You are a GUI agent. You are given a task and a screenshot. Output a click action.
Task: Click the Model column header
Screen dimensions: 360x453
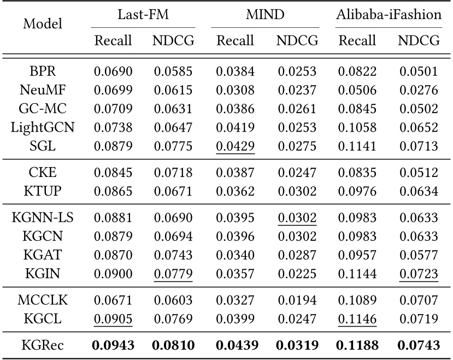(43, 24)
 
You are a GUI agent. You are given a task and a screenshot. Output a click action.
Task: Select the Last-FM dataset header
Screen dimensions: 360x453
(143, 15)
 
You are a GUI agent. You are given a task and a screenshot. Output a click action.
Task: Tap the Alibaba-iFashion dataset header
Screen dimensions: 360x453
(389, 15)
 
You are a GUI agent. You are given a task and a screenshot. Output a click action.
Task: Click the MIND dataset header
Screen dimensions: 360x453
(265, 15)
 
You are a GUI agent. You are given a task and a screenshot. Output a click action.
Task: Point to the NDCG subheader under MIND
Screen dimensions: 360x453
(297, 40)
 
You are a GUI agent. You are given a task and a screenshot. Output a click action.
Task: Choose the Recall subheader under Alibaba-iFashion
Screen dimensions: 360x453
(357, 40)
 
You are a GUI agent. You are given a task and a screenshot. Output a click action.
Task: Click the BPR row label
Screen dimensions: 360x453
(43, 71)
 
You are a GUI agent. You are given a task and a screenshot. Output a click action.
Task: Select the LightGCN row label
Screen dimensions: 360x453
(43, 128)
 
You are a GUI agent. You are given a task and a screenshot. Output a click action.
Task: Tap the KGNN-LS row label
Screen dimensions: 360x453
(43, 217)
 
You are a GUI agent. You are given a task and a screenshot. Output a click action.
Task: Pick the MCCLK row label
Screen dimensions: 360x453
(43, 301)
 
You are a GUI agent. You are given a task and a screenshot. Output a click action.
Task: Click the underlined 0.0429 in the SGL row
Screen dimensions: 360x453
(235, 146)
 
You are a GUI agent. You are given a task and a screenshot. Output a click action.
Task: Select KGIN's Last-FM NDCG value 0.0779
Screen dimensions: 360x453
(173, 274)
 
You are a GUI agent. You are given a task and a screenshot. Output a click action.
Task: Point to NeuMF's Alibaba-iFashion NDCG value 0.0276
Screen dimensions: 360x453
(419, 90)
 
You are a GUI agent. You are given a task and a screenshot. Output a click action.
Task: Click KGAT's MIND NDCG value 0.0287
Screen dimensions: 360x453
(297, 255)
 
